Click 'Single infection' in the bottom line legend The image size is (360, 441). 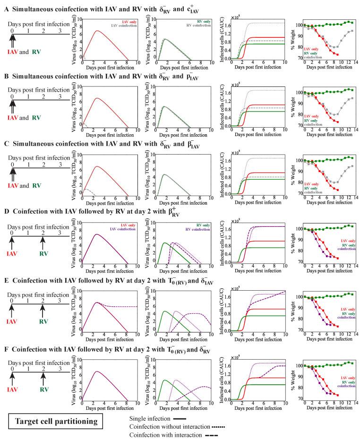click(x=147, y=418)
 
